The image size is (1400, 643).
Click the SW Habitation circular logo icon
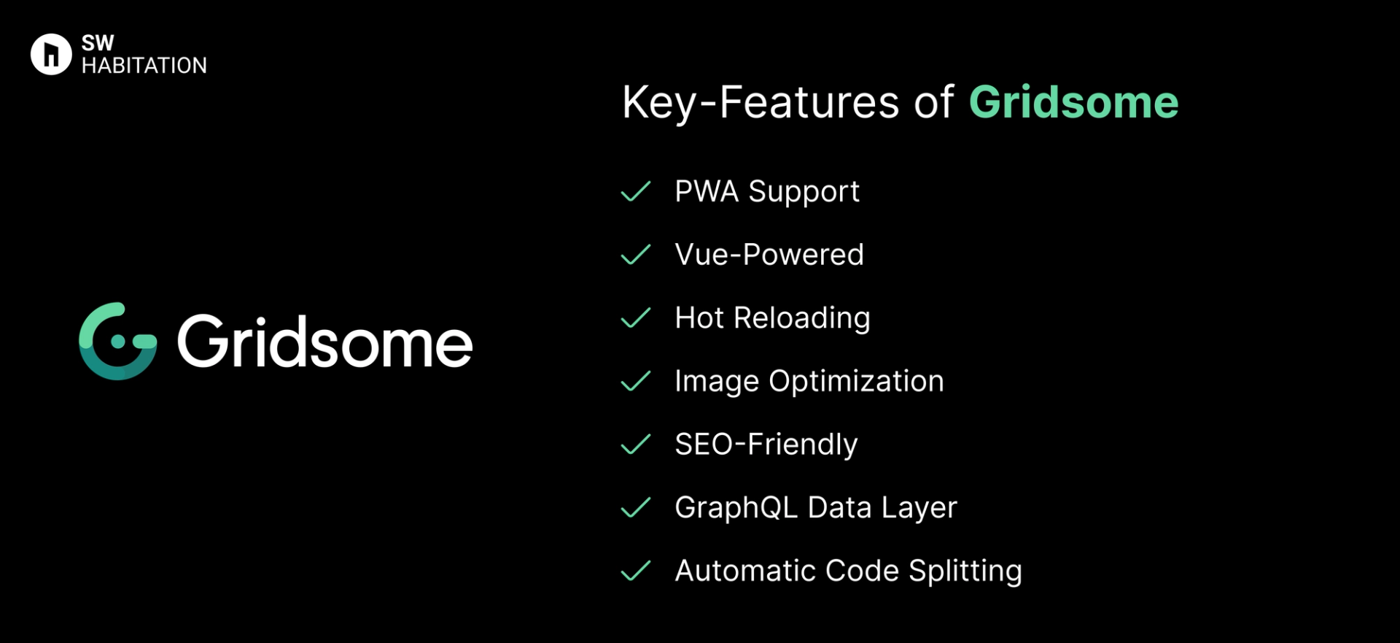[51, 54]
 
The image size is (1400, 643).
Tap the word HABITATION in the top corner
[144, 66]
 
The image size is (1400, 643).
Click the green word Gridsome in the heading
[1073, 102]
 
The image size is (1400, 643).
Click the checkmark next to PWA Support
[635, 192]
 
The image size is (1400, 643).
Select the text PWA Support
[767, 192]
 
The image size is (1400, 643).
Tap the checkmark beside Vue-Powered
[635, 255]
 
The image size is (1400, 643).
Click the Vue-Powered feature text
[769, 255]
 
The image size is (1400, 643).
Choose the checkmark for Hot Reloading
[635, 318]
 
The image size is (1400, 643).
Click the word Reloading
[801, 318]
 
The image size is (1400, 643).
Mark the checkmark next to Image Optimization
[635, 381]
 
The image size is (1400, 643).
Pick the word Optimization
[856, 382]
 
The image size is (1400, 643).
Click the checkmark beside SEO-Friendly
[635, 444]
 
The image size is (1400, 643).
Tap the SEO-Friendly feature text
[766, 444]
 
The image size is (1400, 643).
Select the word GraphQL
[736, 508]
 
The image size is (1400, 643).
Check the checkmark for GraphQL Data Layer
[635, 508]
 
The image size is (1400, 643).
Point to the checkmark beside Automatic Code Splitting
[635, 571]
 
